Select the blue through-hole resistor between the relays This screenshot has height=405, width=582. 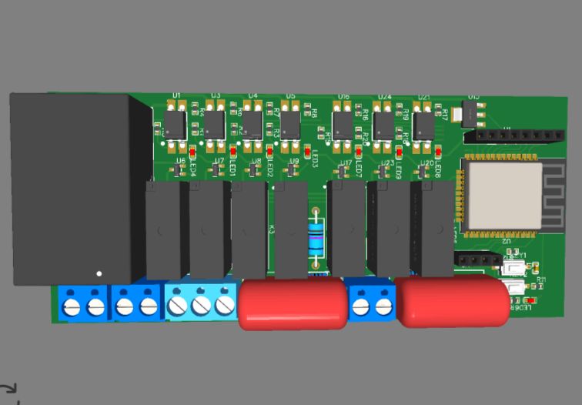tap(316, 239)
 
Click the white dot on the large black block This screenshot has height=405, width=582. tap(99, 273)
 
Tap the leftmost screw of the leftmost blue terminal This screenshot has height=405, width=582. tap(72, 307)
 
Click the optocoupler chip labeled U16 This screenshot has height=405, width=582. tap(343, 124)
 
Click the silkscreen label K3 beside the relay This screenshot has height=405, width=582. tap(272, 229)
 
